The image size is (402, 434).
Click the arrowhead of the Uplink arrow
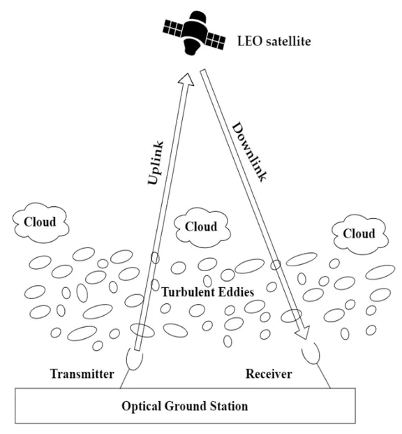[186, 78]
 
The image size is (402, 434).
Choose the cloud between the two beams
[201, 228]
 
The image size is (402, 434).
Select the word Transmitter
[82, 374]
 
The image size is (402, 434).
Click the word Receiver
[268, 375]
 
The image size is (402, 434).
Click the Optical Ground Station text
[184, 405]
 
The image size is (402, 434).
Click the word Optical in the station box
[142, 405]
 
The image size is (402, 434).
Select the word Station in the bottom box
[227, 405]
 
